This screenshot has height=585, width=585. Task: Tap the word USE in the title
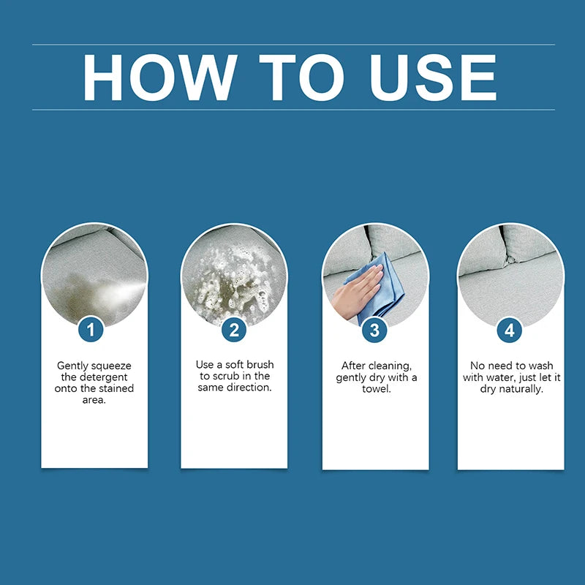(432, 78)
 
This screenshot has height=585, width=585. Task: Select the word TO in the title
(301, 78)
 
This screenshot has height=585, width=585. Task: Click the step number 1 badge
(91, 330)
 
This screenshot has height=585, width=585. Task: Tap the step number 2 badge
(234, 330)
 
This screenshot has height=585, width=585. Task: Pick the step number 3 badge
(374, 331)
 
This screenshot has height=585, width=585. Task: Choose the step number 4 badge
(510, 331)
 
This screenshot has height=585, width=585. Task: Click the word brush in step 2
(260, 364)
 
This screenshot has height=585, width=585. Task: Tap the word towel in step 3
(376, 389)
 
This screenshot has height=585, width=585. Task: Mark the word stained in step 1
(116, 388)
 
